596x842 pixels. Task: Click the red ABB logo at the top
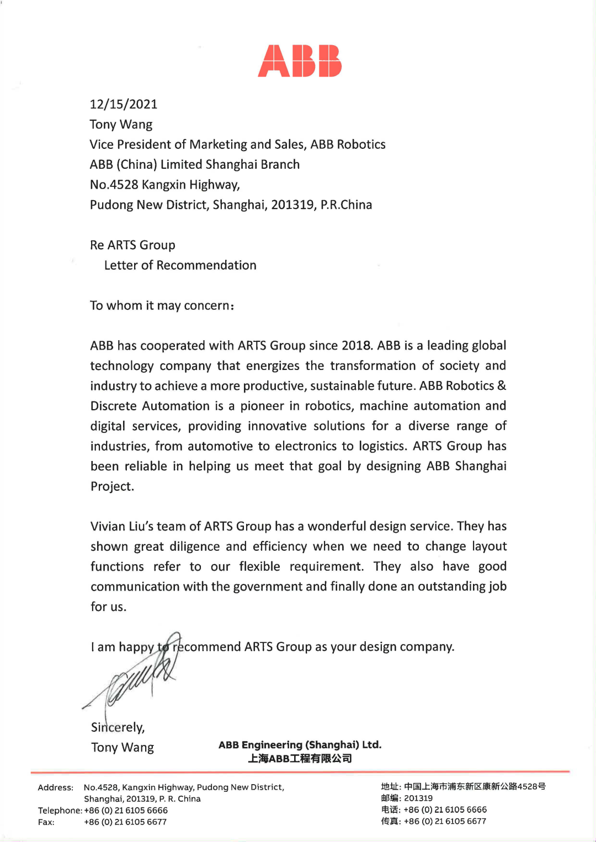tap(300, 61)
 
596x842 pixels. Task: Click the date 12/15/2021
tap(124, 104)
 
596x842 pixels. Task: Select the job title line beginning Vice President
tap(237, 144)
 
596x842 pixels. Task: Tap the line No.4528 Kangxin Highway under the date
tap(164, 185)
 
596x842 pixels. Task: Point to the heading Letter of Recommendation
tap(180, 265)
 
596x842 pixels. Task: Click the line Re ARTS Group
tap(132, 245)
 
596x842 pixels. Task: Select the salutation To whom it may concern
tap(162, 305)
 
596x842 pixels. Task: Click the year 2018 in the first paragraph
tap(356, 346)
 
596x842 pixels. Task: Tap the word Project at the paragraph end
tap(112, 486)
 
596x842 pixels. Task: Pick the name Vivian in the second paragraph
tap(108, 527)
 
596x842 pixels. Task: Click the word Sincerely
tap(118, 727)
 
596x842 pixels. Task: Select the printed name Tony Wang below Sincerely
tap(123, 748)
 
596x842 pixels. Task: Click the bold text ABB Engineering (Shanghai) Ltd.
tap(300, 745)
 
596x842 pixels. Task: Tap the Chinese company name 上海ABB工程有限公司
tap(300, 759)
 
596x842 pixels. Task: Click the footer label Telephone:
tap(60, 811)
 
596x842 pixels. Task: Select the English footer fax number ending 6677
tap(125, 822)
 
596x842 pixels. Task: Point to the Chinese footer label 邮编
tap(390, 798)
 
